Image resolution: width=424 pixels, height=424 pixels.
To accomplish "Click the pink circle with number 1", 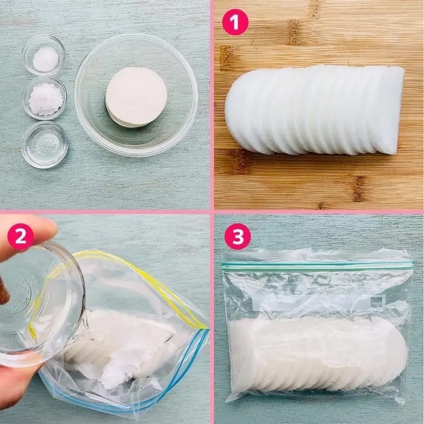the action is [235, 22].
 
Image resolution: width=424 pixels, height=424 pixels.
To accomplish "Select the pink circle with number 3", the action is [237, 236].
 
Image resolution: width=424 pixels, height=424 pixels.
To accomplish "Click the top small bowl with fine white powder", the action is [44, 55].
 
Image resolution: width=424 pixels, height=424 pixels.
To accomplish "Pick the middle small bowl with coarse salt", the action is [45, 98].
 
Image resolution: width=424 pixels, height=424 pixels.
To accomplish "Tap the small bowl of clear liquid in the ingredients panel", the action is [45, 145].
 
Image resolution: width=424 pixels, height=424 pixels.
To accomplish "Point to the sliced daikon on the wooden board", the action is [314, 110].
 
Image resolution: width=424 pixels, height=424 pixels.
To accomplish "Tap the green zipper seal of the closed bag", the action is [317, 265].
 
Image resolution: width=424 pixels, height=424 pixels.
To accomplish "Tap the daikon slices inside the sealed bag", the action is [318, 354].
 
